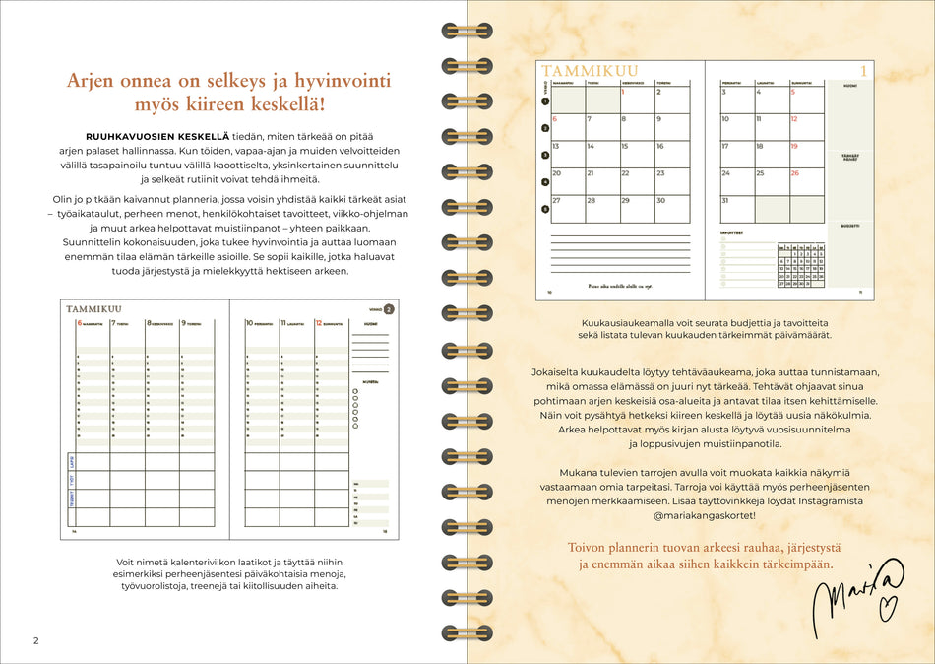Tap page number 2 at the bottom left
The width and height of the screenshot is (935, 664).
tap(35, 641)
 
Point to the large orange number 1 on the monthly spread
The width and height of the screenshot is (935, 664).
tap(863, 71)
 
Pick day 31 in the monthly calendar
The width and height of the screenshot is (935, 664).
tap(726, 200)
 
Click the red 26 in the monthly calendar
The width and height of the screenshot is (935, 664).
tap(795, 173)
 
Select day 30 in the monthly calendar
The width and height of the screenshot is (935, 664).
tap(626, 200)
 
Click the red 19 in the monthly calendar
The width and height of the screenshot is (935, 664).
tap(794, 146)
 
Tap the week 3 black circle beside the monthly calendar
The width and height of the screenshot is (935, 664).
tap(544, 155)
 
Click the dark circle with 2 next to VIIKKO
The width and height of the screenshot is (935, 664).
tap(388, 308)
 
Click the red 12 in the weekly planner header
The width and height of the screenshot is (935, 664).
tap(319, 322)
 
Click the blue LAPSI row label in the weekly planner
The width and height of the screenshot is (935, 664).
tap(71, 462)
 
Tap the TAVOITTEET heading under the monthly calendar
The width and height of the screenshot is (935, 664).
tap(732, 232)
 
